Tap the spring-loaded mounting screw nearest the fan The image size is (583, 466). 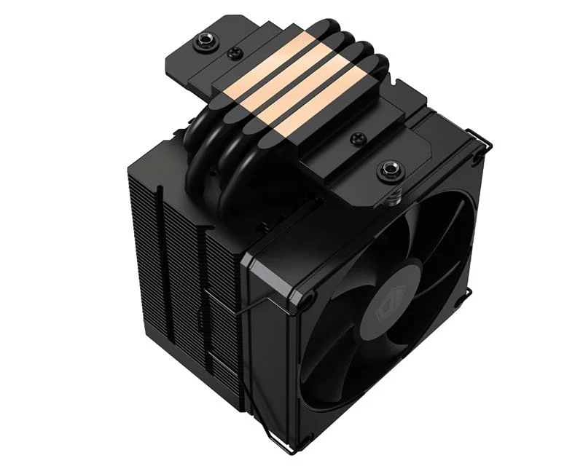[386, 173]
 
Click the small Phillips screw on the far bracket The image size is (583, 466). [235, 52]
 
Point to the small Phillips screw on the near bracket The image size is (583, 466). [358, 138]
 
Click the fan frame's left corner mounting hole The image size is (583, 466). [308, 299]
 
